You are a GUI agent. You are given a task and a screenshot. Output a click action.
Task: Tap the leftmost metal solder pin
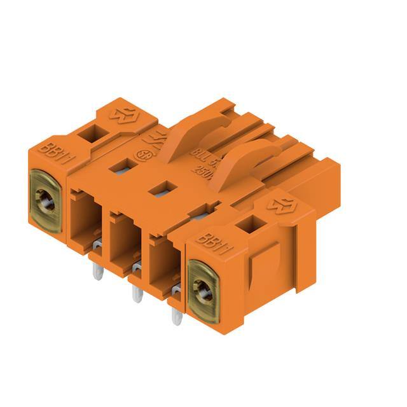(x=97, y=271)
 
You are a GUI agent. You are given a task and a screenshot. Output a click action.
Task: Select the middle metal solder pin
(x=135, y=291)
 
